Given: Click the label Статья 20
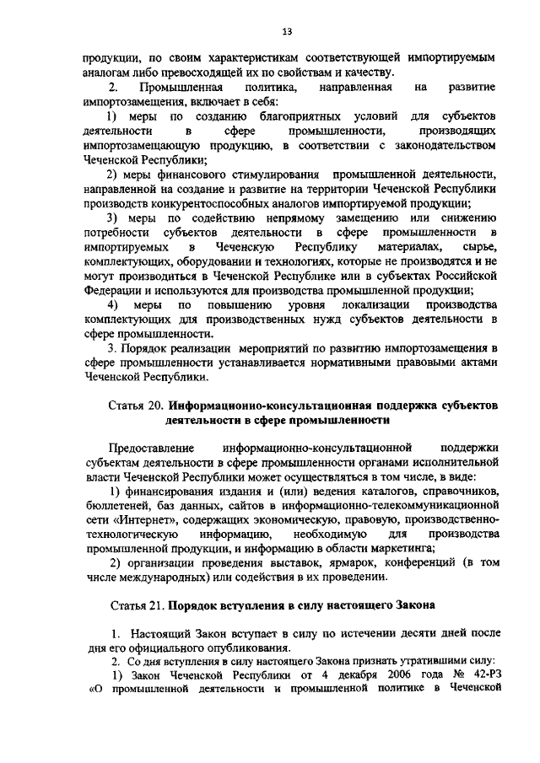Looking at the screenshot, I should point(135,406).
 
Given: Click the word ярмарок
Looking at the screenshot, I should point(291,563).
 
